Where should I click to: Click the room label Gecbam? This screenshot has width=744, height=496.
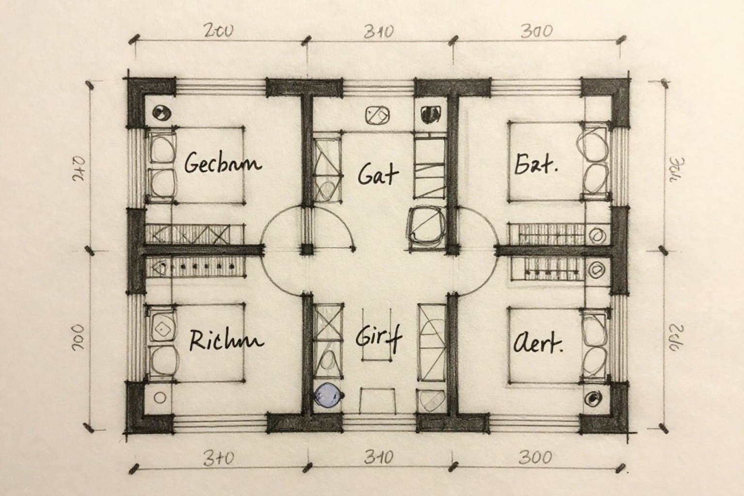222,163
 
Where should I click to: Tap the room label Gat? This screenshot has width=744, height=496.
378,174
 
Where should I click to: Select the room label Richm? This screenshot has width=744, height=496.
226,341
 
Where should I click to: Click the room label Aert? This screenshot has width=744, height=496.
537,344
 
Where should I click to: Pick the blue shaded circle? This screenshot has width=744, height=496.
328,395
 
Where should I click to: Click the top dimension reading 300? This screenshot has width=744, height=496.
536,32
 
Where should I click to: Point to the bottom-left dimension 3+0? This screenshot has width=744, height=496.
218,458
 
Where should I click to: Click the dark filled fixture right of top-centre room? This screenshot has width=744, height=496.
429,114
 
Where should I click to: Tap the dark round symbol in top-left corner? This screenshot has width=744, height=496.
160,113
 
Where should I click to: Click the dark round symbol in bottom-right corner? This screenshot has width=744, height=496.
591,399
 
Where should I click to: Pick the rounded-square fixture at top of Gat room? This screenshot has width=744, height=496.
377,116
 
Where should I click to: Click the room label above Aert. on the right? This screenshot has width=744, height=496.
535,165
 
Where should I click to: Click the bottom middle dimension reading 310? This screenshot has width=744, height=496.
378,457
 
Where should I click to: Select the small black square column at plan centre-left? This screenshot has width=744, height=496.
307,249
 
